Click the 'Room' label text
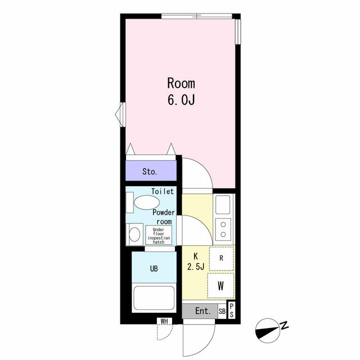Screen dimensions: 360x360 pos(181,83)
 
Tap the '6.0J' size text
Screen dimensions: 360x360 pos(181,100)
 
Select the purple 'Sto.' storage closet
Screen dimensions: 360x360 pos(151,170)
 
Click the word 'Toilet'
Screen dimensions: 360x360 pos(163,191)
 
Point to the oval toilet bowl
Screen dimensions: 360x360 pos(147,202)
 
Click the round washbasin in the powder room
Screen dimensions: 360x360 pos(134,234)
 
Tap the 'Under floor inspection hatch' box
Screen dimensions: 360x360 pos(159,235)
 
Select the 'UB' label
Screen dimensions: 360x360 pos(154,268)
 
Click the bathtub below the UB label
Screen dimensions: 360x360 pos(154,298)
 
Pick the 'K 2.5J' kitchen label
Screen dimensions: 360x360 pos(196,261)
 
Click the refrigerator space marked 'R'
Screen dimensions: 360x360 pos(221,258)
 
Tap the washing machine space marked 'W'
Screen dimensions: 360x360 pos(220,286)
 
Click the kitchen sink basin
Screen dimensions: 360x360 pos(223,205)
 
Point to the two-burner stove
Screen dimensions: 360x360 pos(223,229)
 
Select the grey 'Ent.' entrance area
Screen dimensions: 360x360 pos(200,311)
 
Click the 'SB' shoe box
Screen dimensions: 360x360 pos(222,311)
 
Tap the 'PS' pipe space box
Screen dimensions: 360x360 pos(231,310)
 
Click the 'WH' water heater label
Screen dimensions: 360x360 pos(164,321)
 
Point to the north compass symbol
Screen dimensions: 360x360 pos(271,330)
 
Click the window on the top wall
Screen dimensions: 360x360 pos(196,16)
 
